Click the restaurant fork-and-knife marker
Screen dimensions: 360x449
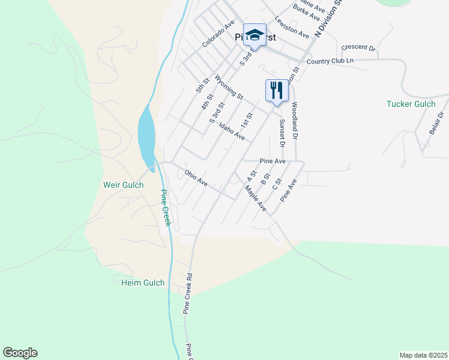tap(277, 91)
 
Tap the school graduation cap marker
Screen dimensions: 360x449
tap(255, 35)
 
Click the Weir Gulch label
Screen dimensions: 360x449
tap(124, 185)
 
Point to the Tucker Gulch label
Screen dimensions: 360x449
tap(410, 104)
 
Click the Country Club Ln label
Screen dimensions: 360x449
tap(330, 61)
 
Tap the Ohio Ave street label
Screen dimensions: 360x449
tap(196, 178)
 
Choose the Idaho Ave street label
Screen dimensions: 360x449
tap(232, 132)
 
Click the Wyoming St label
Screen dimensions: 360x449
tap(229, 88)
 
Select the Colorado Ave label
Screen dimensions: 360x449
tap(218, 35)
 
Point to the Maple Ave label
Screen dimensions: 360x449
tap(255, 197)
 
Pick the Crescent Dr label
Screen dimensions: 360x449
tap(358, 47)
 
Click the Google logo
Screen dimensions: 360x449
tap(20, 353)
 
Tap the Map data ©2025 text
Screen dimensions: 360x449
tap(424, 355)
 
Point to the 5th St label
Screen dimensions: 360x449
tap(201, 85)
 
